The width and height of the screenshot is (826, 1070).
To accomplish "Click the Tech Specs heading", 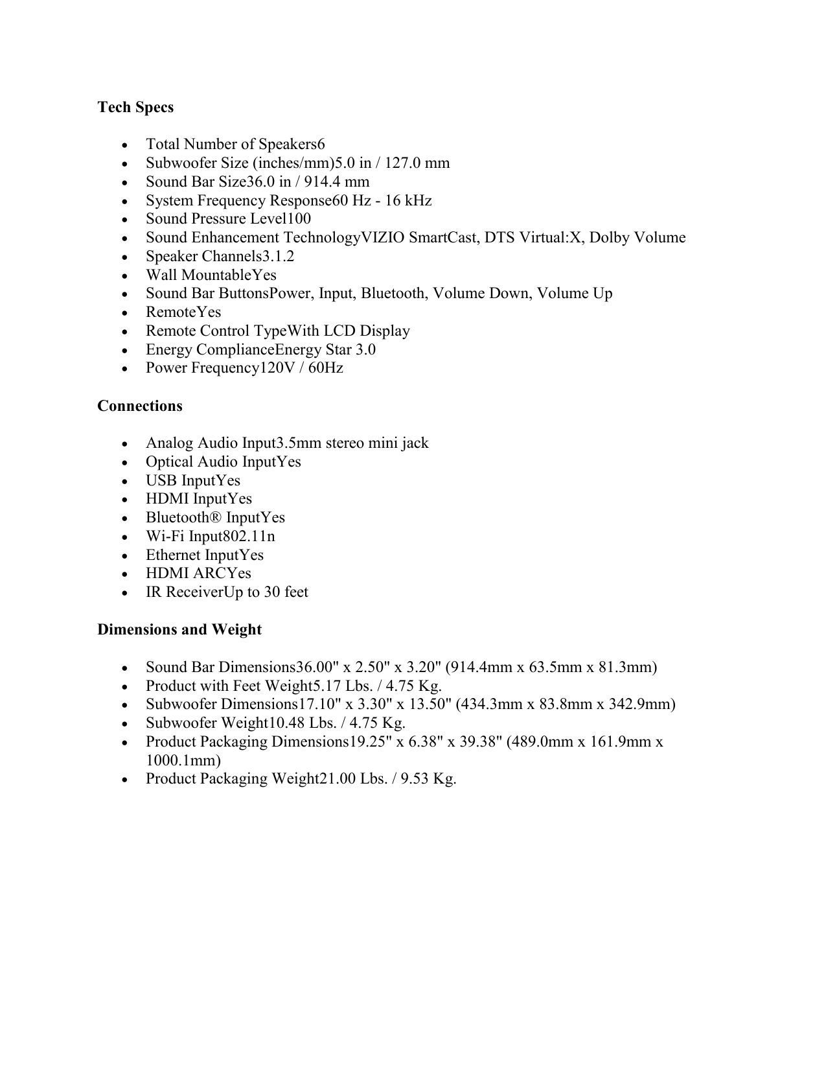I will coord(135,107).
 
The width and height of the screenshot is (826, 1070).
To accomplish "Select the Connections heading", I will coord(140,406).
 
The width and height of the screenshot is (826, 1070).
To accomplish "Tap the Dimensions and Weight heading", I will coord(179,629).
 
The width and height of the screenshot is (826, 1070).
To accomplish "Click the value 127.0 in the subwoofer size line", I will coord(405,163).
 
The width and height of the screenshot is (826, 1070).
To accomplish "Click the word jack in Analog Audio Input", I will coord(415,443).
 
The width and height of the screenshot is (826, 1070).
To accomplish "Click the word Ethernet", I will coord(173,555).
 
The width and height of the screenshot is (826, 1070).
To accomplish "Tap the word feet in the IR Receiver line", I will coord(296,592).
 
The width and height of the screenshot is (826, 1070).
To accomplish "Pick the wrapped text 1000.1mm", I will coord(183,760).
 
